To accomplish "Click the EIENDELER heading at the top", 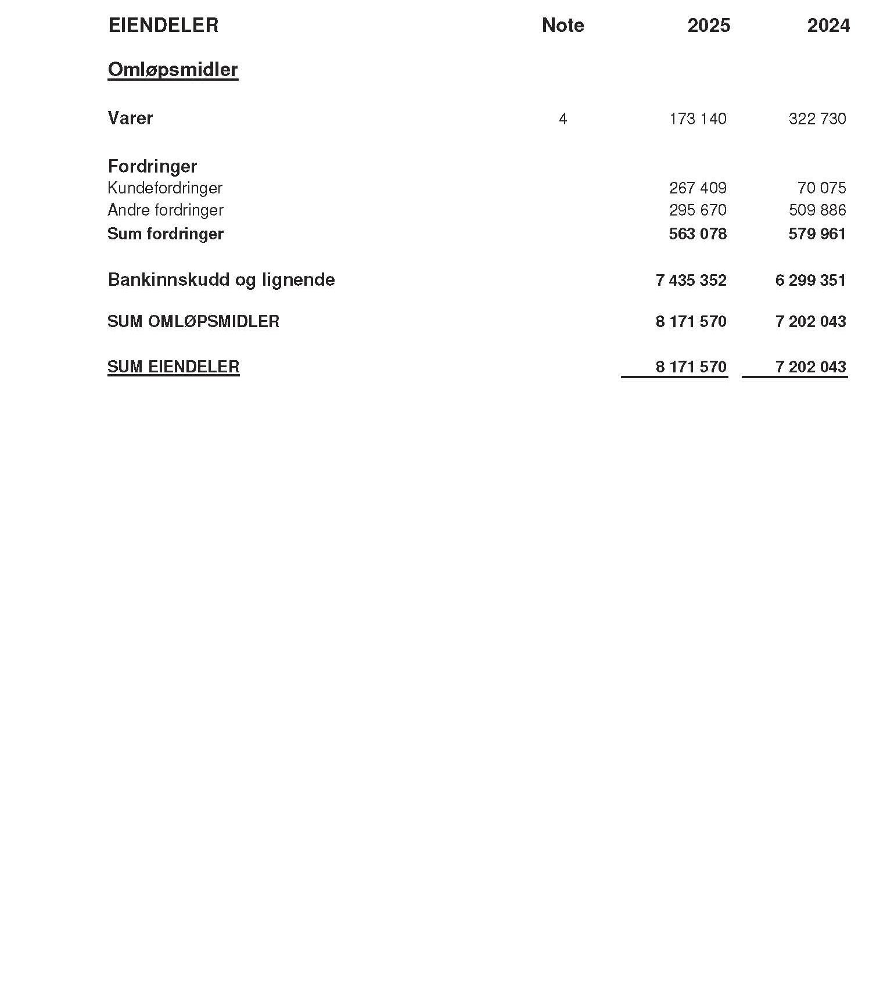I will tap(163, 25).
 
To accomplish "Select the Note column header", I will tap(562, 25).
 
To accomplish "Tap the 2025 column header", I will tap(708, 26).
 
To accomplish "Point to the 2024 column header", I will tap(828, 26).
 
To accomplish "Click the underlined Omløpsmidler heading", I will tap(173, 70).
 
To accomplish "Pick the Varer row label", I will tap(130, 118).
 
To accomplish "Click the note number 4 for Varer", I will tap(562, 119).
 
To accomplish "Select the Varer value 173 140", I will tap(697, 119).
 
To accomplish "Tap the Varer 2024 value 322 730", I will tap(817, 119).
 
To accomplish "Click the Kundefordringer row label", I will tap(165, 188).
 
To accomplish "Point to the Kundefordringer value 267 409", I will tap(697, 188).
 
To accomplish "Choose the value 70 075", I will tap(821, 188).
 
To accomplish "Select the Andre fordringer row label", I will tap(166, 210).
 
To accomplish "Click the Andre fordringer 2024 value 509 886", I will tap(817, 210).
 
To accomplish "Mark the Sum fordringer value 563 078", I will tap(697, 234).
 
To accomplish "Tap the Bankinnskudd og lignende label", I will tap(221, 279).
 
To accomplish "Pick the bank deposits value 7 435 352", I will tap(691, 281).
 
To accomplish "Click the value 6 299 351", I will tap(810, 281).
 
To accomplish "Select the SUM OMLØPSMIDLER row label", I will tap(193, 321).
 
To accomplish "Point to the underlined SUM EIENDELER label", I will tap(173, 367).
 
